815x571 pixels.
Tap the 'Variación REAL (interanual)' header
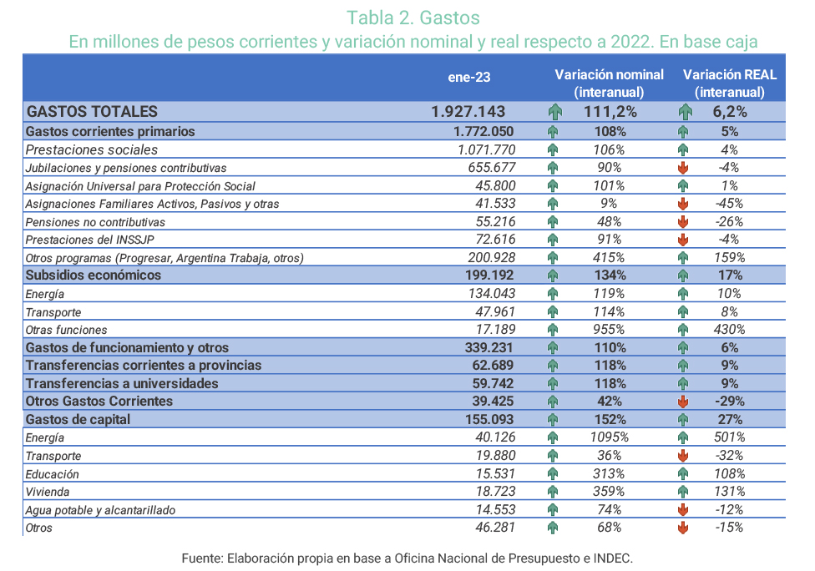[x=729, y=83]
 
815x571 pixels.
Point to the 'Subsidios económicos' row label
[x=94, y=275]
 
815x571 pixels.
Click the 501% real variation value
[x=729, y=437]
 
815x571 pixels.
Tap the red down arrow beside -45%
[x=683, y=204]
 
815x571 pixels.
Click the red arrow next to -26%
[x=683, y=222]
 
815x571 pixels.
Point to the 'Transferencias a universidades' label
[x=122, y=383]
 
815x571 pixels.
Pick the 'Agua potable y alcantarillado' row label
[x=100, y=510]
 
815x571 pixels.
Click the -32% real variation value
[x=729, y=456]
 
